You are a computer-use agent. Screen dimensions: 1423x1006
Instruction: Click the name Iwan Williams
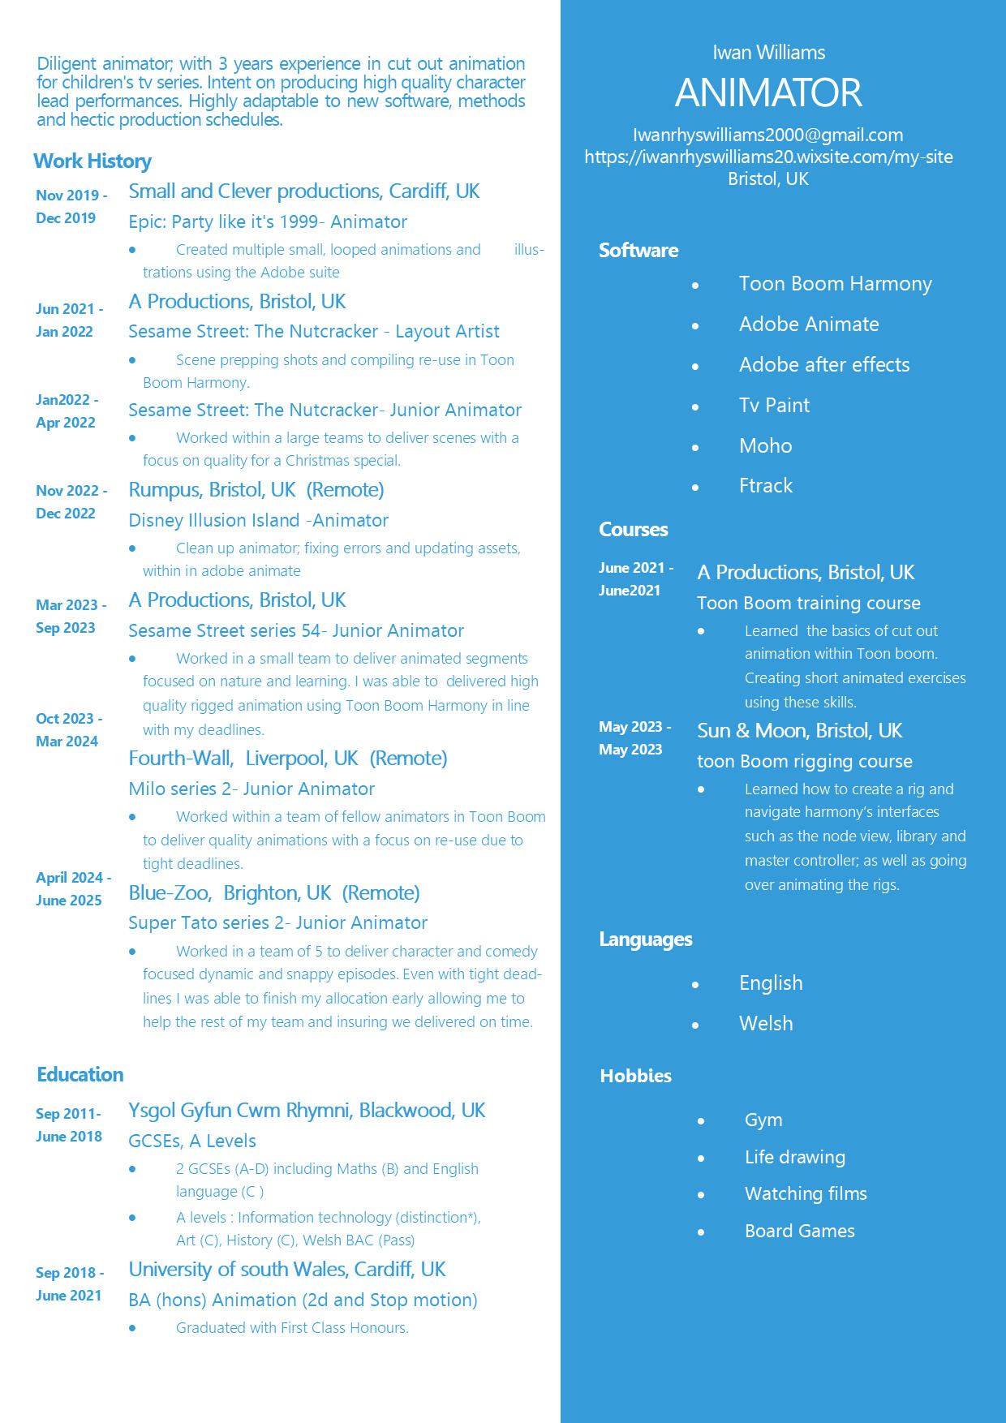tap(768, 53)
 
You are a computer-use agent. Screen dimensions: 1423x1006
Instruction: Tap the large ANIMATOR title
tap(768, 92)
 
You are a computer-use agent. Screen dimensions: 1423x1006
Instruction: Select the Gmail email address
tap(767, 135)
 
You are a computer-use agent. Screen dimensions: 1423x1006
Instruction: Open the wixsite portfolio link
tap(768, 157)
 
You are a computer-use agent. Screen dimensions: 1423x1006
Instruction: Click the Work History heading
tap(92, 161)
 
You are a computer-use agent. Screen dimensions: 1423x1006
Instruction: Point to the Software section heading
tap(638, 250)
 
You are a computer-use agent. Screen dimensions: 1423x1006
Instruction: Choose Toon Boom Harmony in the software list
tap(835, 284)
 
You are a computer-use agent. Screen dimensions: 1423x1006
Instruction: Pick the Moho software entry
tap(765, 445)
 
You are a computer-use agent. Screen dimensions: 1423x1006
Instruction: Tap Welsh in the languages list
tap(765, 1023)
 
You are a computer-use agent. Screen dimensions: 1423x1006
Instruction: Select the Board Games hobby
tap(799, 1231)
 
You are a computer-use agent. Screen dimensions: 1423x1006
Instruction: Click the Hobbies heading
tap(635, 1076)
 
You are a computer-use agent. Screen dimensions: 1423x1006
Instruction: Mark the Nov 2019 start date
tap(71, 195)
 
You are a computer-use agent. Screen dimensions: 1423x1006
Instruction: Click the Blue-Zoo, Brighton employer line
tap(274, 892)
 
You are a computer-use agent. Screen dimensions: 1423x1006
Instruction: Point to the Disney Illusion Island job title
tap(258, 520)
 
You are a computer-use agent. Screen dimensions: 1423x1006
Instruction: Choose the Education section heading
tap(80, 1074)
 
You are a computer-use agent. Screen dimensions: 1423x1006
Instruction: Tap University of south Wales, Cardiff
tap(287, 1269)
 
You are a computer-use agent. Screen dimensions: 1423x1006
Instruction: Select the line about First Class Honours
tap(292, 1327)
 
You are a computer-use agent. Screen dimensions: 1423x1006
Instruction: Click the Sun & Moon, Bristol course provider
tap(799, 730)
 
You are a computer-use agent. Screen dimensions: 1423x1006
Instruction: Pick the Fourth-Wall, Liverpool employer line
tap(288, 758)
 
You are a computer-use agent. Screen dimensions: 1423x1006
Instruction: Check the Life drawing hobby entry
tap(794, 1157)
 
